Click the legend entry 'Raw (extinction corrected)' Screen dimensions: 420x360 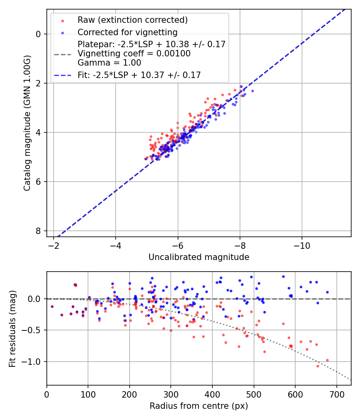[x=132, y=20]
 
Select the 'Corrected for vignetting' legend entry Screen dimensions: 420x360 [x=127, y=32]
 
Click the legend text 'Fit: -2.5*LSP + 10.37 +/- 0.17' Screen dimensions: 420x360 [x=139, y=74]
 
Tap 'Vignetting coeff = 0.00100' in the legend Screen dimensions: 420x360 [x=134, y=53]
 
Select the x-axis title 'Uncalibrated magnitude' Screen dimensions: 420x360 [x=199, y=257]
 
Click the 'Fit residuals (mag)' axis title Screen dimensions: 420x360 [x=12, y=328]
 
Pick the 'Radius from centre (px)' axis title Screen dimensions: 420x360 [x=199, y=406]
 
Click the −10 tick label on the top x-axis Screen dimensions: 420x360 [x=302, y=245]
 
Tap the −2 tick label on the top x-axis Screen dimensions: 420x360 [x=54, y=245]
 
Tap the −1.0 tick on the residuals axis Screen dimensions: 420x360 [x=34, y=362]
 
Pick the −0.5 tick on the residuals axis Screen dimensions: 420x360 [x=34, y=330]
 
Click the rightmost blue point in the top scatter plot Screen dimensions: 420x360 [x=252, y=91]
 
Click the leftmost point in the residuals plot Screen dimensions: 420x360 [x=52, y=306]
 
